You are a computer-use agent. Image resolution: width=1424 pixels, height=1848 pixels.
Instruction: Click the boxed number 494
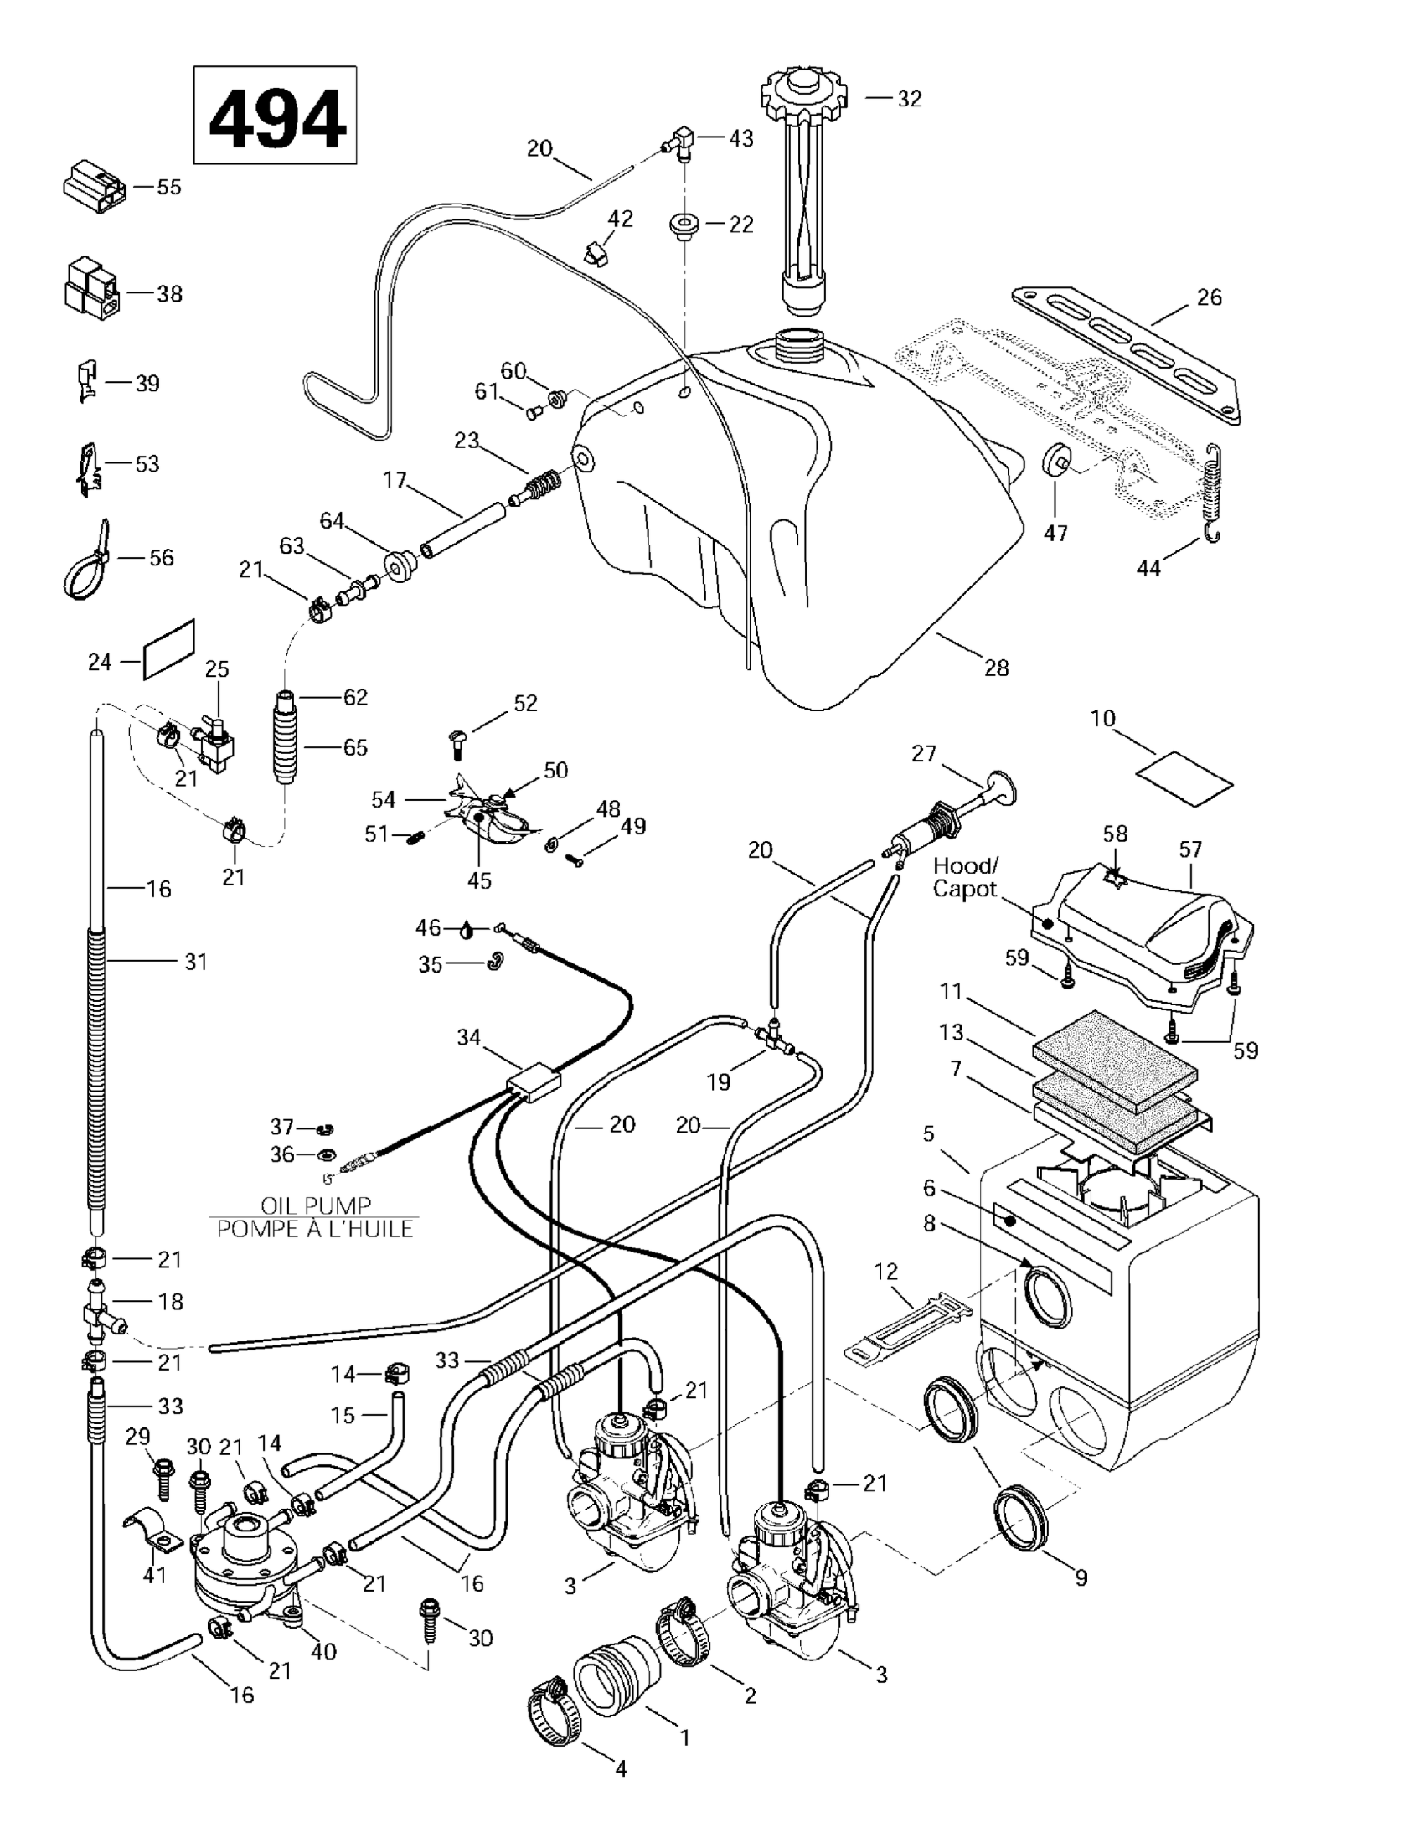pyautogui.click(x=276, y=116)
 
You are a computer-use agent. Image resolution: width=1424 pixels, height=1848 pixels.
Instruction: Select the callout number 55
pyautogui.click(x=169, y=187)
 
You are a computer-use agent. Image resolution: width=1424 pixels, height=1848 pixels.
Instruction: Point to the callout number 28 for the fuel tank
pyautogui.click(x=997, y=668)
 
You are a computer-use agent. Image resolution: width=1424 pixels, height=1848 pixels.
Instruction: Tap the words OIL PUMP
pyautogui.click(x=316, y=1205)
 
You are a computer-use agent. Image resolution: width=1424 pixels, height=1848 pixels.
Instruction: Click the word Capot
pyautogui.click(x=964, y=890)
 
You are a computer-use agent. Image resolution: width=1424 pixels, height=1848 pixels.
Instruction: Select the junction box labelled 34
pyautogui.click(x=533, y=1083)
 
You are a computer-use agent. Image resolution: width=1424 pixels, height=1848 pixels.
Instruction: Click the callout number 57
pyautogui.click(x=1189, y=849)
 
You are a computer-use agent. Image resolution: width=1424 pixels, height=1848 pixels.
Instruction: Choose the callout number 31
pyautogui.click(x=195, y=961)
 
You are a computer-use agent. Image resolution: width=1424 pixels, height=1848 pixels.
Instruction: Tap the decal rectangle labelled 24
pyautogui.click(x=168, y=648)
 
